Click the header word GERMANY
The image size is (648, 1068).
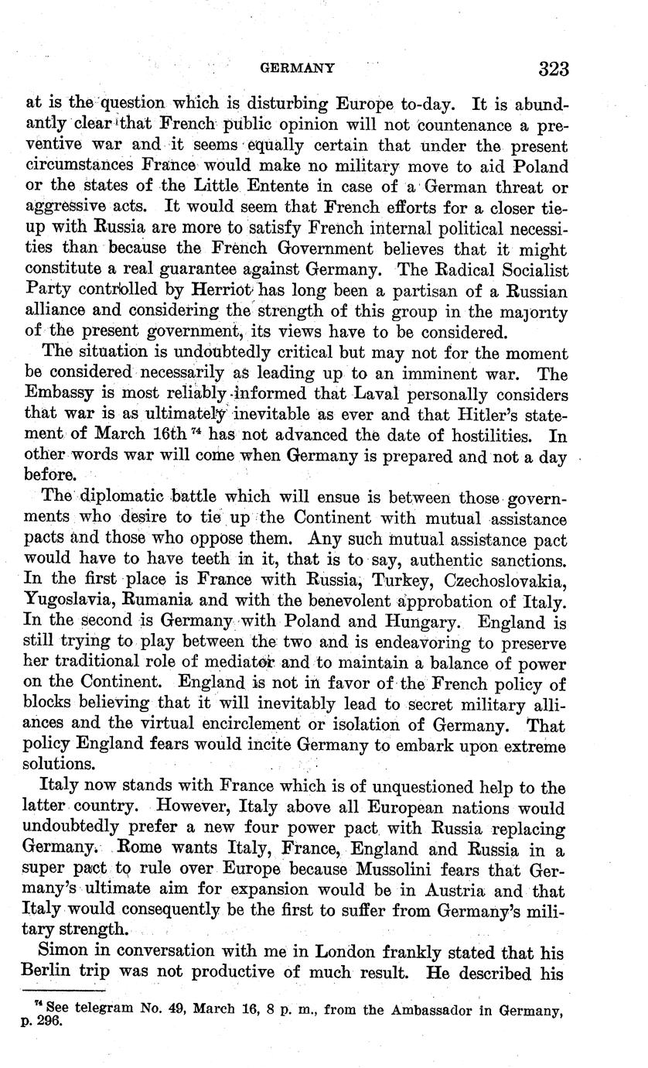pos(298,68)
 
